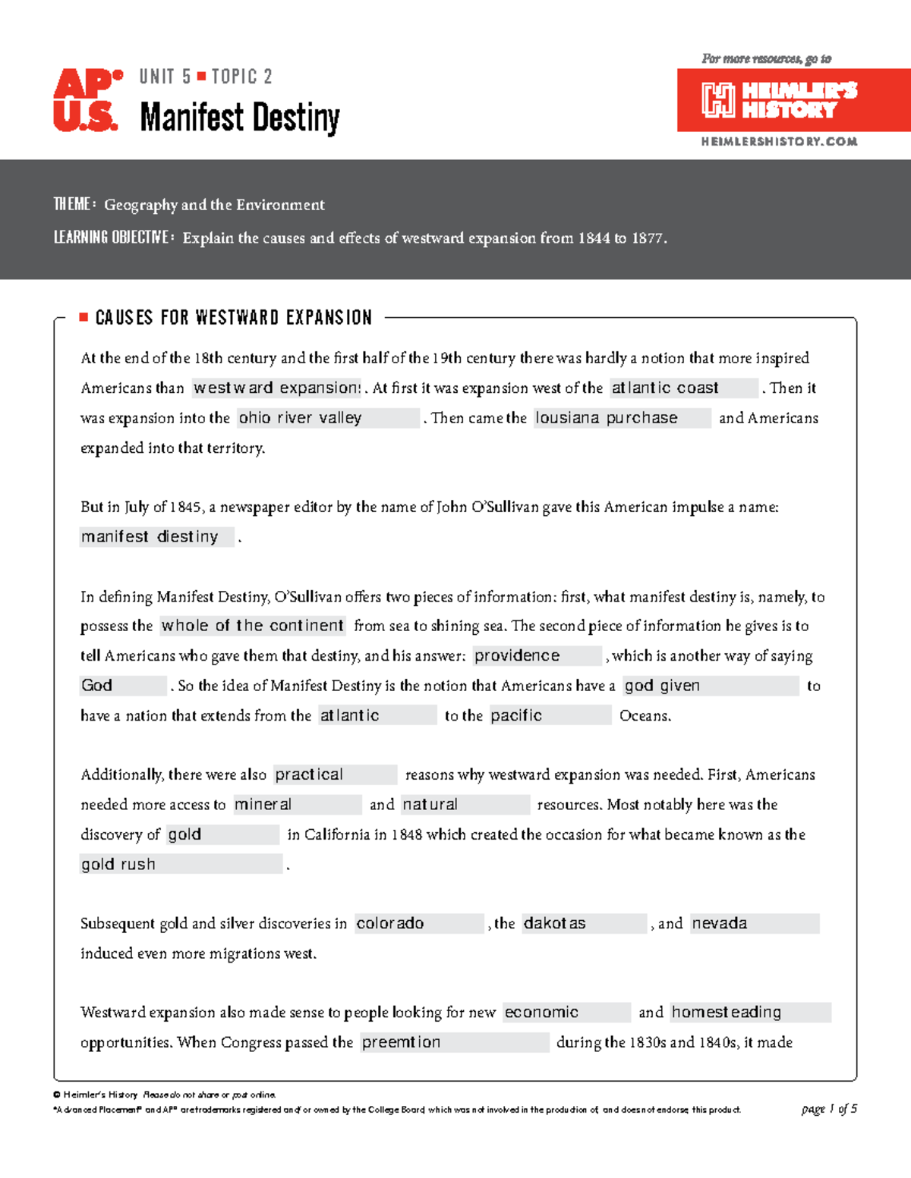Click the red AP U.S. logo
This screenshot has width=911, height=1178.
(x=87, y=100)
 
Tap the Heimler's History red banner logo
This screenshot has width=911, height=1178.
(x=793, y=100)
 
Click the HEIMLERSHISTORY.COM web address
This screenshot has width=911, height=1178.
(x=779, y=142)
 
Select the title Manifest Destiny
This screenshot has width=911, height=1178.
(x=240, y=118)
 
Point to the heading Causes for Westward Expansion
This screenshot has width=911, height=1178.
(x=234, y=318)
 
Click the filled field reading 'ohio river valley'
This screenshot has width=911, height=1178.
(x=328, y=418)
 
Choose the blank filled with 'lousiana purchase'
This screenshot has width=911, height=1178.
(x=622, y=418)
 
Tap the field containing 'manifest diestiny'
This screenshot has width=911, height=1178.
(x=156, y=537)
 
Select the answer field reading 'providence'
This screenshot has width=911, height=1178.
(x=537, y=656)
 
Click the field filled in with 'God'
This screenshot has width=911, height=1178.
(x=122, y=686)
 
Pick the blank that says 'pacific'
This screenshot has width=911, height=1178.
(x=550, y=715)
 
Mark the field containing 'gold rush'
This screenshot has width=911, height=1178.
(x=181, y=864)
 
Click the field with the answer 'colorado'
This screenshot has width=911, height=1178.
(x=418, y=923)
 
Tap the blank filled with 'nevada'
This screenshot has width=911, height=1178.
(x=754, y=923)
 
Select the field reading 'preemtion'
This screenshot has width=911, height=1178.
(x=454, y=1042)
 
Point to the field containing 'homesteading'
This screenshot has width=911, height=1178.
(x=750, y=1013)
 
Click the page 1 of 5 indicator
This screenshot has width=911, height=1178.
(x=829, y=1109)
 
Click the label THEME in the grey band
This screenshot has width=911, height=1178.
(x=73, y=205)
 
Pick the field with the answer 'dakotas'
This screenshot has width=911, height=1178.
(x=584, y=923)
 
